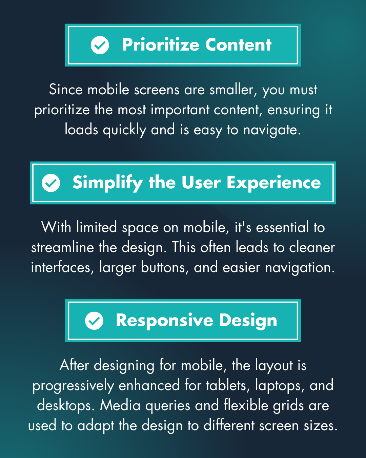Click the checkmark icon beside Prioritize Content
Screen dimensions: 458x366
tap(100, 45)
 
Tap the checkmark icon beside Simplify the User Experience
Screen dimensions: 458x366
tap(51, 183)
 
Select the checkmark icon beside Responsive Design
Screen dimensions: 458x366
tap(94, 321)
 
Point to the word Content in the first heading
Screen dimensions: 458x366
tap(238, 45)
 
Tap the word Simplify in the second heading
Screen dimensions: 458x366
tap(107, 183)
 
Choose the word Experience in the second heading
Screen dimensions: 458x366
tap(273, 183)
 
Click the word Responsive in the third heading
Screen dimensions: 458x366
tap(165, 321)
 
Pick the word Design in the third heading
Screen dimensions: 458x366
tap(248, 321)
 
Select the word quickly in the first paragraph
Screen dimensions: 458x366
tap(124, 130)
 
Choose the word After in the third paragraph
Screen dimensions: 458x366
tap(74, 365)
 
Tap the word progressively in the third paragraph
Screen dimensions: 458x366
tap(73, 386)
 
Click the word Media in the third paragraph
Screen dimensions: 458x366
tap(120, 405)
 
